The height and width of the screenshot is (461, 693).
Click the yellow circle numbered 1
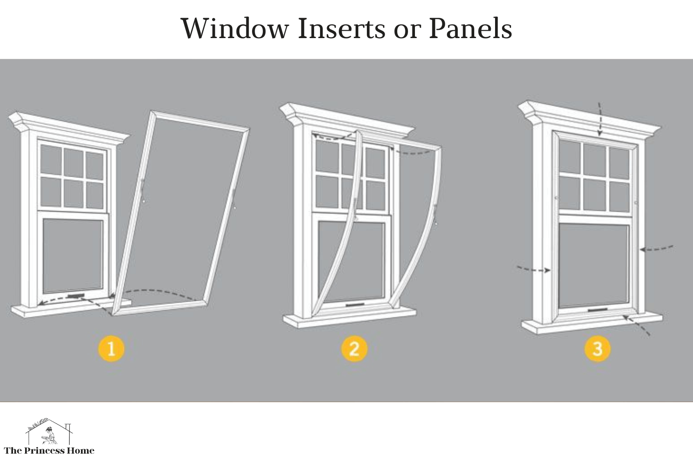[x=111, y=348]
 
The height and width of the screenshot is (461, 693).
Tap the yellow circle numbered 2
[x=354, y=348]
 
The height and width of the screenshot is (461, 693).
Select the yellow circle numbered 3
[x=597, y=348]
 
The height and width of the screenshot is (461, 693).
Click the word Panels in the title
[x=470, y=29]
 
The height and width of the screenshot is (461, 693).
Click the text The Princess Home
[x=49, y=451]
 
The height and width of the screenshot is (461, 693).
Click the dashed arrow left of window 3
[x=533, y=269]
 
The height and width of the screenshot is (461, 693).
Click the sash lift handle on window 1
[x=76, y=295]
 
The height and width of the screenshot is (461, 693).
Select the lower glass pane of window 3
[x=593, y=264]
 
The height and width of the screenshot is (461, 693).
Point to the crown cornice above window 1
[x=69, y=126]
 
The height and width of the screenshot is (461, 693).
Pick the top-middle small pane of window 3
[x=596, y=158]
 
